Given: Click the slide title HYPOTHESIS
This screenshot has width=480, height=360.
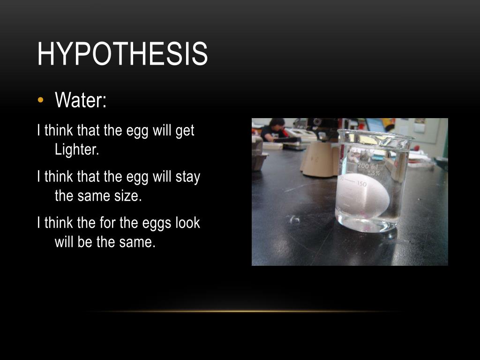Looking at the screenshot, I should coord(122,54).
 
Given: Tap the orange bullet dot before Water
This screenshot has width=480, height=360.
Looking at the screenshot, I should coord(41,100).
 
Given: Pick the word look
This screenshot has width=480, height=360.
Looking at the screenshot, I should coord(187,223).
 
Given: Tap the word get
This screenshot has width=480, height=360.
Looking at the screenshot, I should coord(185,131).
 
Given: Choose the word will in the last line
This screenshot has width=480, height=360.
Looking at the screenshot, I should coord(66,242).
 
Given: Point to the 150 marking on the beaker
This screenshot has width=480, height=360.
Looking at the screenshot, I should coord(361,184).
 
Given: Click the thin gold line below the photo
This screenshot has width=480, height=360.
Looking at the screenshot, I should coord(244,311).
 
